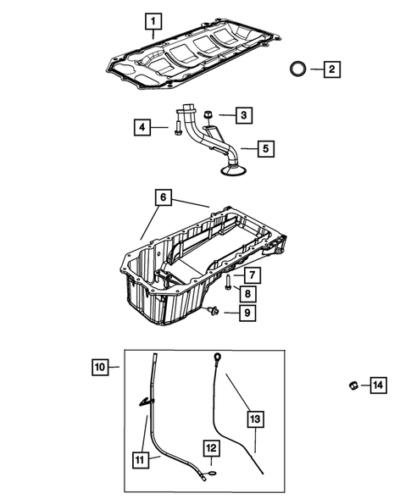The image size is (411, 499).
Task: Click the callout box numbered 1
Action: pyautogui.click(x=153, y=19)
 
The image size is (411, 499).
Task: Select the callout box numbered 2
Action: pyautogui.click(x=331, y=69)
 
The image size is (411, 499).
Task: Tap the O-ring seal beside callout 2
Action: pyautogui.click(x=298, y=69)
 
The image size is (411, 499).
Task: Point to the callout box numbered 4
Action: pyautogui.click(x=143, y=128)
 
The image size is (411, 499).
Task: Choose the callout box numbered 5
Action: pyautogui.click(x=265, y=149)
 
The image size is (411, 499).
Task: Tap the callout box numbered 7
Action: pyautogui.click(x=252, y=274)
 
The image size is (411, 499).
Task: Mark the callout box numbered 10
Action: pyautogui.click(x=101, y=367)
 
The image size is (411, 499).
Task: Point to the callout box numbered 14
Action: pyautogui.click(x=377, y=386)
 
